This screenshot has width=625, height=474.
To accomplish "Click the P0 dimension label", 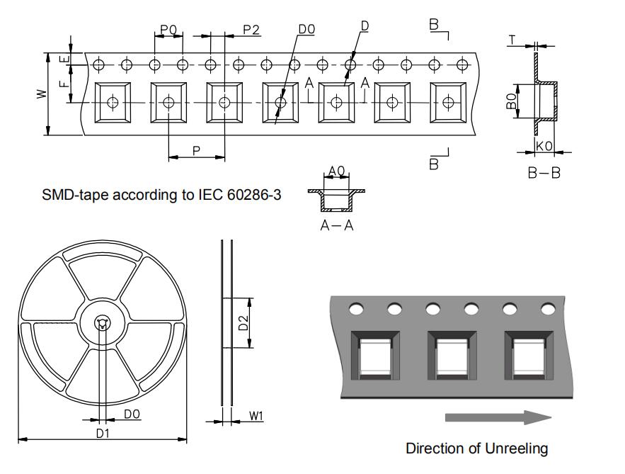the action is click(x=168, y=30).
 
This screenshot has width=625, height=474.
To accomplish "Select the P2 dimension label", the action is click(x=251, y=30).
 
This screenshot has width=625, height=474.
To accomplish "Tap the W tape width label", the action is click(x=42, y=94).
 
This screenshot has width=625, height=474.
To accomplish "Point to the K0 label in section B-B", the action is click(x=544, y=146).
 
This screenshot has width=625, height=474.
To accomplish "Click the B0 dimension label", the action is click(x=512, y=101).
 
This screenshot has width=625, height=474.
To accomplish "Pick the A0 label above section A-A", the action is click(x=336, y=171).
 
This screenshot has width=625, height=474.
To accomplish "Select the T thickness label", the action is click(x=512, y=40).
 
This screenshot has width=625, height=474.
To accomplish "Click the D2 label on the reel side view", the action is click(x=243, y=323).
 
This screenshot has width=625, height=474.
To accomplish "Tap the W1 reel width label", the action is click(x=256, y=416).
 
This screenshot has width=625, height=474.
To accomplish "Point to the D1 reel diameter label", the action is click(x=103, y=432).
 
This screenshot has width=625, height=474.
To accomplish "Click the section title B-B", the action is click(x=544, y=173).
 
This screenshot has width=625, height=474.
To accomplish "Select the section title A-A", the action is click(x=337, y=225).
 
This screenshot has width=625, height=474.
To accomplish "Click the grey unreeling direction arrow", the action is click(x=498, y=417).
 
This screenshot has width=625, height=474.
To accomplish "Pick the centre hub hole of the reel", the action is click(x=102, y=323).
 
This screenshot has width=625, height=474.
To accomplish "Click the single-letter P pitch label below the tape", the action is click(x=196, y=151).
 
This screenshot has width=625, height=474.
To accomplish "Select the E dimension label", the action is click(x=64, y=59).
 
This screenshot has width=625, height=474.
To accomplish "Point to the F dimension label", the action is click(x=64, y=84).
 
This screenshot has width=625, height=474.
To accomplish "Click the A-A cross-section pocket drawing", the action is click(x=336, y=200).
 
